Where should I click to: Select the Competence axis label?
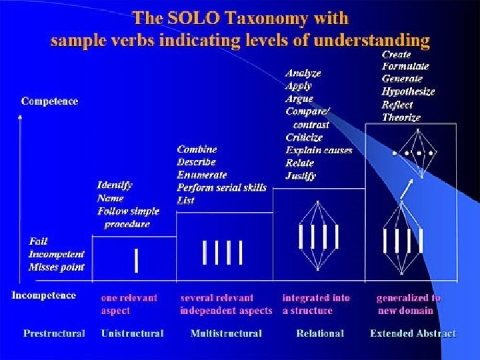pos(49,101)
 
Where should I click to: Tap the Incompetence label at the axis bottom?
pos(44,295)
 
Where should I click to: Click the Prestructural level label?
pos(54,333)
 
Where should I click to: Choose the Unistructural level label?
pos(132,333)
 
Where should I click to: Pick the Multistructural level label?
pos(226,333)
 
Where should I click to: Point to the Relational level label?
pos(320,333)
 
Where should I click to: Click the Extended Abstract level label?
pos(413,333)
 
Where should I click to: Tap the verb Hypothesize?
pos(408,92)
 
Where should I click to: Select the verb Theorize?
pos(401,117)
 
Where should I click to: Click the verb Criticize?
pos(304,137)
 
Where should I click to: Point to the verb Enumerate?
pos(202,175)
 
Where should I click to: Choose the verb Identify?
pos(115,185)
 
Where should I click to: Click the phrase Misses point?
pos(57,267)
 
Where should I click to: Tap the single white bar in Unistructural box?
pos(137,261)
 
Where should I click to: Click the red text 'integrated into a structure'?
pos(316,304)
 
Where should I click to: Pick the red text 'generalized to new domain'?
pos(408,304)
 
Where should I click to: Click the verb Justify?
pos(301,176)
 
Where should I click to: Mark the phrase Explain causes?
pos(319,150)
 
